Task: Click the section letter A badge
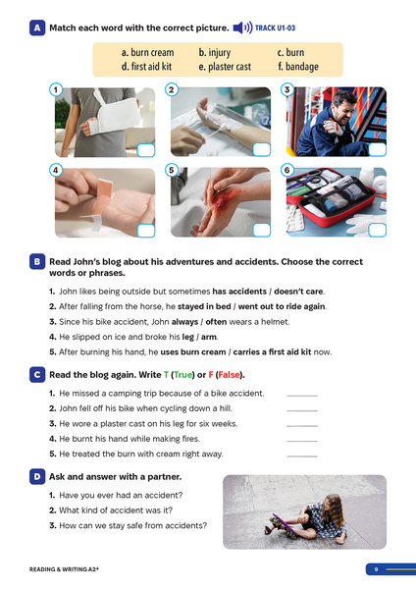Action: tap(36, 28)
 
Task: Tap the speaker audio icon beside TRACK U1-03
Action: tap(240, 28)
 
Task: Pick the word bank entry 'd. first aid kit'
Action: tap(149, 67)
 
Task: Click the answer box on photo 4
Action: tap(146, 230)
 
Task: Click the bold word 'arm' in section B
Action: tap(210, 336)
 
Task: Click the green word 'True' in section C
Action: tap(183, 375)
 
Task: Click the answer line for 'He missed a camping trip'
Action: tap(302, 395)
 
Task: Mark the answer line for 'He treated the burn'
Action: tap(302, 455)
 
